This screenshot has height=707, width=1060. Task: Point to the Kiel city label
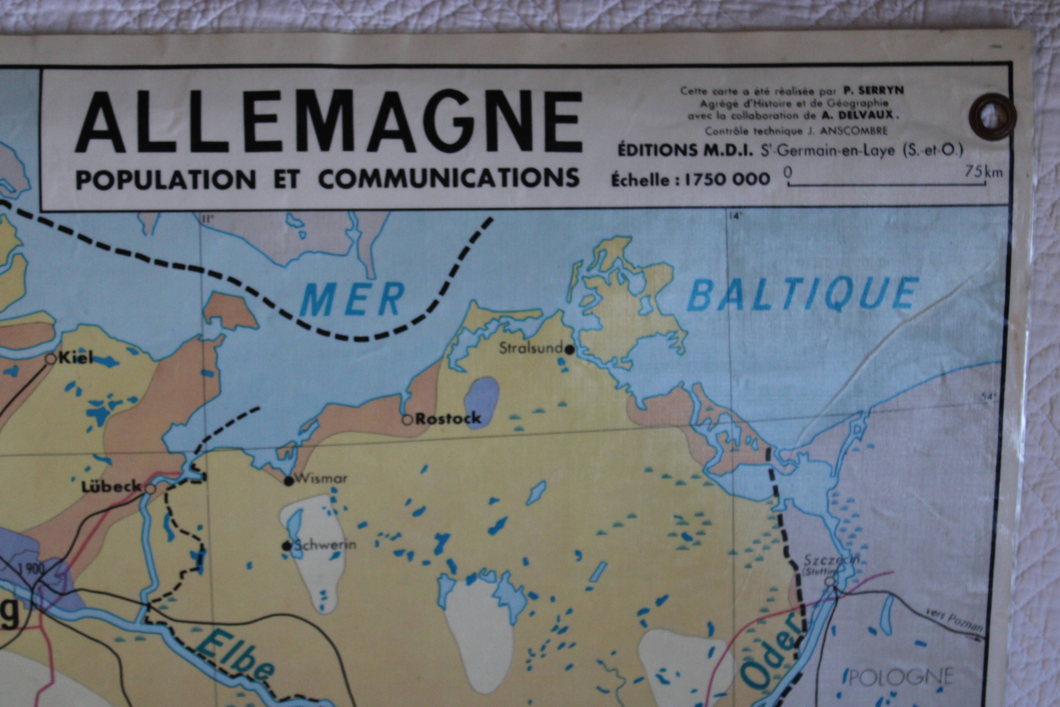point(76,358)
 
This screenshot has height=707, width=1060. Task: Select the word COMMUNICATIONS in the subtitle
point(448,179)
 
